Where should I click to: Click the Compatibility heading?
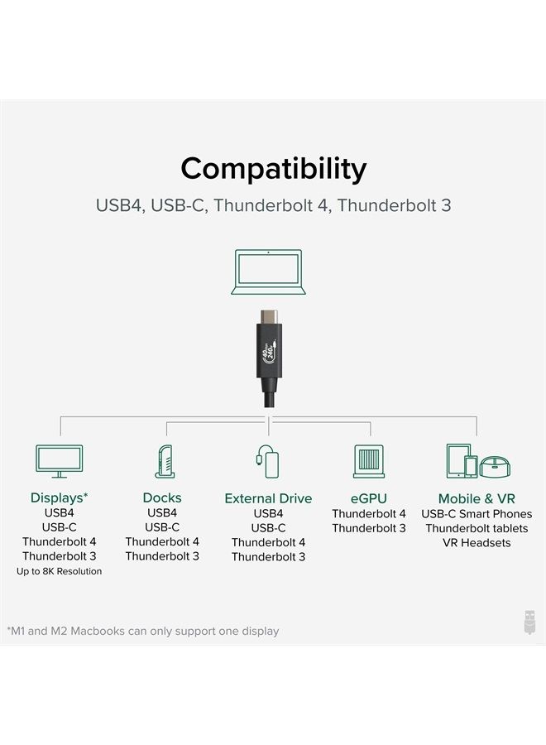click(x=273, y=169)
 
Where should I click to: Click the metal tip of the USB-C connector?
click(x=271, y=317)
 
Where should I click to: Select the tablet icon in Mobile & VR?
click(x=458, y=460)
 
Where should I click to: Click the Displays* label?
click(x=59, y=498)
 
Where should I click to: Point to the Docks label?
click(x=162, y=498)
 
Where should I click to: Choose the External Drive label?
click(x=268, y=499)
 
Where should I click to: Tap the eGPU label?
click(x=369, y=498)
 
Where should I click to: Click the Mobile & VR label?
click(x=477, y=498)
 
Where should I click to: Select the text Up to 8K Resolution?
click(x=59, y=572)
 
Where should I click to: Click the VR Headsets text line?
click(x=477, y=543)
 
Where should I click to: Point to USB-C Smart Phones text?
click(x=477, y=514)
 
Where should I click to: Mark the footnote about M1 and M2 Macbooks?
click(x=143, y=631)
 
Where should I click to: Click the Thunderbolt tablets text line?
click(x=477, y=528)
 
